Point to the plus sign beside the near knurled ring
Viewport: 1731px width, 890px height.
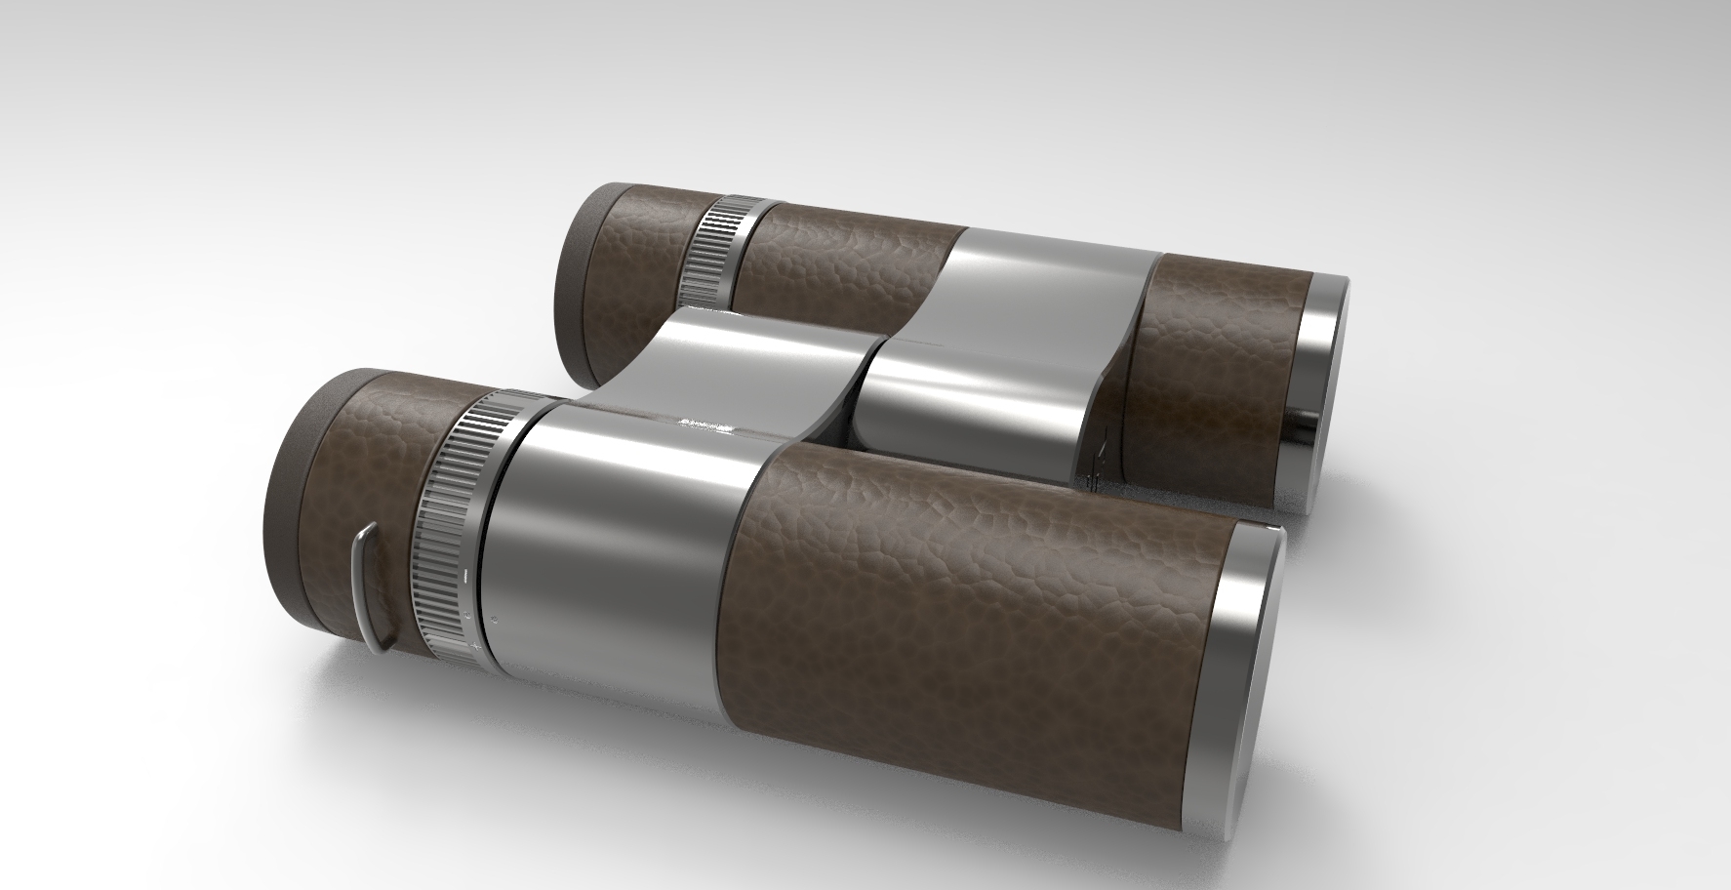[476, 645]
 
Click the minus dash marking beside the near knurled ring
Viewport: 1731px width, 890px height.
[469, 576]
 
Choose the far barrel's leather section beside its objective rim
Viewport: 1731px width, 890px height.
[1220, 381]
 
